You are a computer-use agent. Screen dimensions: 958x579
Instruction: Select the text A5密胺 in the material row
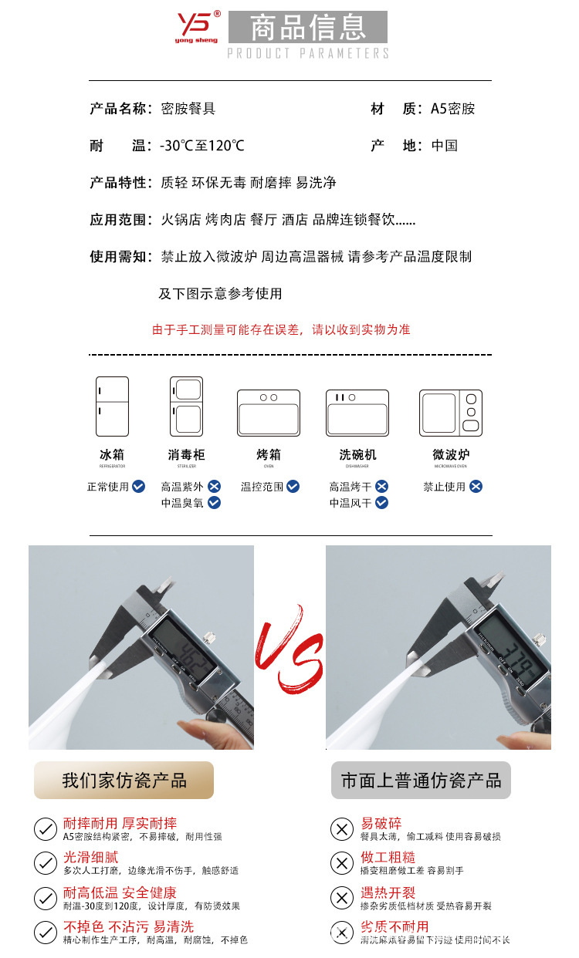[x=452, y=109]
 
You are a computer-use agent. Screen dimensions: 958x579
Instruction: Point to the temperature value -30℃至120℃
[x=201, y=146]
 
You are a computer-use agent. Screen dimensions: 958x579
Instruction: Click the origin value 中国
[x=445, y=146]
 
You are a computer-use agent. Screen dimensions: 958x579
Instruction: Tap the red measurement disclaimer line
[x=281, y=330]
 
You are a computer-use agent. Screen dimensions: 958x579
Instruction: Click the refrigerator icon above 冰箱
[x=112, y=406]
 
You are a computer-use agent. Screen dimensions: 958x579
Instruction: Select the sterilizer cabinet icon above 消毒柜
[x=186, y=406]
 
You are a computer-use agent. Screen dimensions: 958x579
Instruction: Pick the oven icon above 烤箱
[x=268, y=413]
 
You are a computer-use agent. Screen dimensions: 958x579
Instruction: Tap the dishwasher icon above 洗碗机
[x=357, y=413]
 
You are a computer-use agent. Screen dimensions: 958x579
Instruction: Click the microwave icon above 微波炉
[x=451, y=413]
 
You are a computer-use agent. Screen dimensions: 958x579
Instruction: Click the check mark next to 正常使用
[x=138, y=487]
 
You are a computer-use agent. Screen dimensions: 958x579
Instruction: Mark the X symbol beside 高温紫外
[x=214, y=487]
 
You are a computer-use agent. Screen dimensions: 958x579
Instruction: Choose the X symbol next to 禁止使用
[x=476, y=487]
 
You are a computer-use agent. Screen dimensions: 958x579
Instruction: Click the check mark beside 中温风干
[x=381, y=503]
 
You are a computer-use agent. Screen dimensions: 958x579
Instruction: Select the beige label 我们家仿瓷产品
[x=124, y=780]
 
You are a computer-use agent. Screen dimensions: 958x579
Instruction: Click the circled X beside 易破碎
[x=341, y=829]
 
